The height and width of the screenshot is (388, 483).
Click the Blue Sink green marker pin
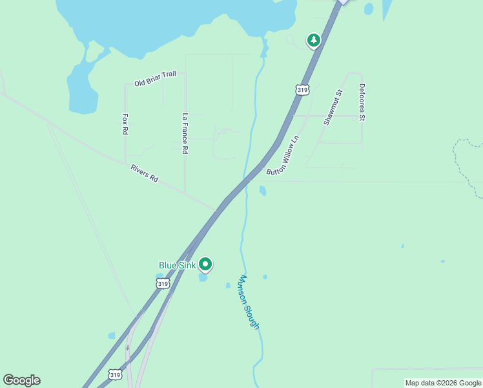[205, 264]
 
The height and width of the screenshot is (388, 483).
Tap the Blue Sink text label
[177, 265]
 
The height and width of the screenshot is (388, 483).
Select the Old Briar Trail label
[155, 79]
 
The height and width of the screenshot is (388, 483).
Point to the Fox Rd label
[125, 124]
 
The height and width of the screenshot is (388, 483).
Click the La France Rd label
[185, 134]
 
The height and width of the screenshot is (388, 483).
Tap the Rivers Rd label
[144, 173]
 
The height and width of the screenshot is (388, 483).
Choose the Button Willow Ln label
[283, 155]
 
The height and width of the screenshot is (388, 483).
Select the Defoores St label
[362, 102]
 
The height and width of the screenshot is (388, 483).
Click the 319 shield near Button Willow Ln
[302, 90]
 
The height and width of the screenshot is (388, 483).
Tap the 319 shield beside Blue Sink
[163, 283]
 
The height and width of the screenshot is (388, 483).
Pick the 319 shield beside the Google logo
[115, 374]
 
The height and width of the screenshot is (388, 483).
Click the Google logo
[21, 380]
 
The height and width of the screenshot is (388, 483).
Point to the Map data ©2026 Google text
[444, 383]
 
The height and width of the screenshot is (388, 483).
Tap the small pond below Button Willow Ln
[263, 191]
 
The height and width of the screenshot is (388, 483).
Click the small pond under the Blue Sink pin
[203, 279]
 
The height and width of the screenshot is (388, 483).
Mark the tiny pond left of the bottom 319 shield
[112, 336]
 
